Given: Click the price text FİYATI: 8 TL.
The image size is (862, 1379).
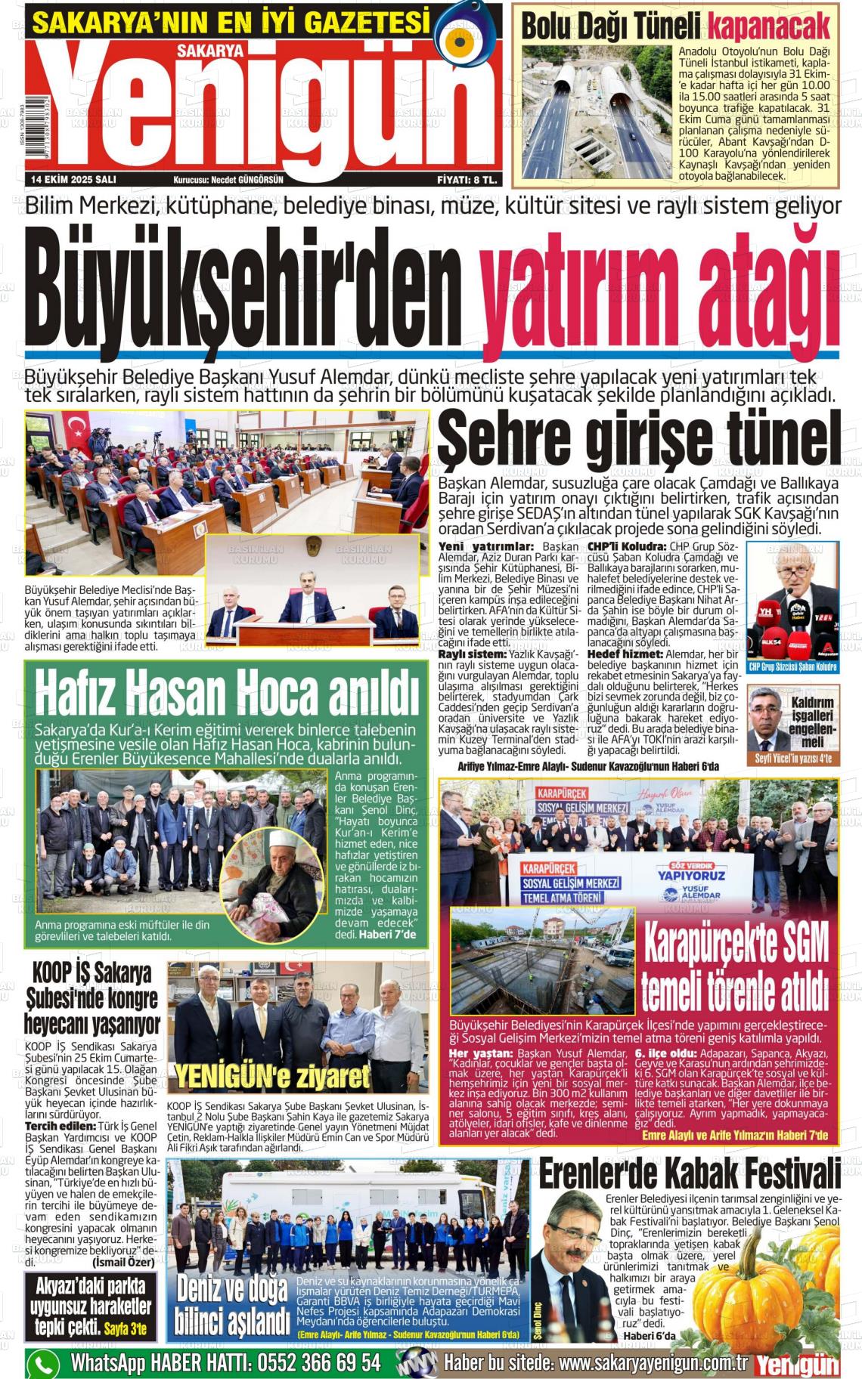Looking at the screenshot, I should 467,180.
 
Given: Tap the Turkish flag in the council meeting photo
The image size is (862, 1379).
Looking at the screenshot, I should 76,428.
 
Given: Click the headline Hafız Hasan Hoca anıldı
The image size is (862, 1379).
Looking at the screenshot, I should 227,694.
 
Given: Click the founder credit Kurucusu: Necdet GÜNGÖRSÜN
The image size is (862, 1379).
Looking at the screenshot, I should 228,180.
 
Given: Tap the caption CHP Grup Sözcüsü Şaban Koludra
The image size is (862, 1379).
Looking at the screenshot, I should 792,667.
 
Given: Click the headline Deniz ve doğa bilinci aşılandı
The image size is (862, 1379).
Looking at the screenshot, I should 232,1305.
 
